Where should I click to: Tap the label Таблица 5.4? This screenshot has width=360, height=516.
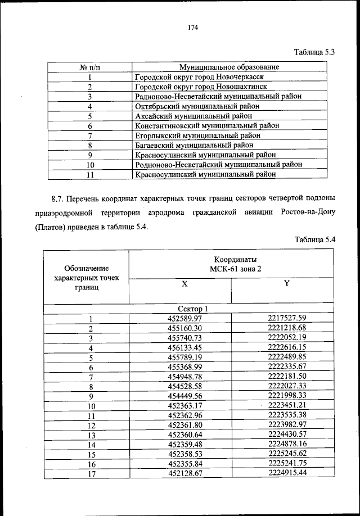coord(315,239)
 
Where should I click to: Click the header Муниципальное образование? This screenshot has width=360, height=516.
coord(229,67)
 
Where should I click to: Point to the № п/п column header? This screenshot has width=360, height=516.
coord(89,67)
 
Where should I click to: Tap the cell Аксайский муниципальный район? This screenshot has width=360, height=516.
coord(194,116)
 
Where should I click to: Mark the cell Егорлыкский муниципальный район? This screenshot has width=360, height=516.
coord(198,135)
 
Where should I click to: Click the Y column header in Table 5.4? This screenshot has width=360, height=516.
coord(286,284)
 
